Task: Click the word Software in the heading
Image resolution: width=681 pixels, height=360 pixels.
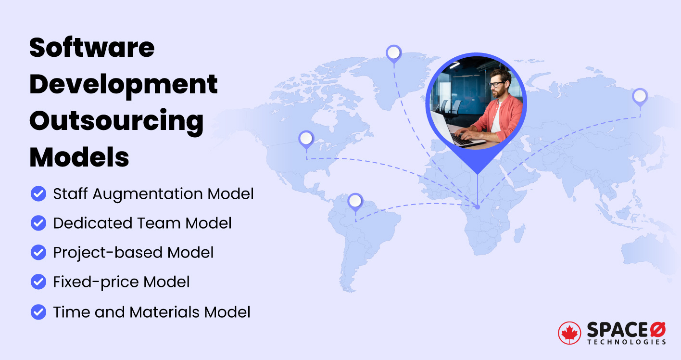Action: click(x=92, y=48)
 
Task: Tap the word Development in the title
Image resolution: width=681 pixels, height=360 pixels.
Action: click(x=124, y=85)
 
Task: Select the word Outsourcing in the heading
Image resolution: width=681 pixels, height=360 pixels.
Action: click(x=116, y=121)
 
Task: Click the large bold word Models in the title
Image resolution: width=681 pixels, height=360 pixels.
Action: click(x=79, y=156)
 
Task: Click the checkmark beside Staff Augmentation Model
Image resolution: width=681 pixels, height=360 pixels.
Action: click(x=38, y=194)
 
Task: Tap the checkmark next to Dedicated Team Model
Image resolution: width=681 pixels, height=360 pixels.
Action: click(x=38, y=223)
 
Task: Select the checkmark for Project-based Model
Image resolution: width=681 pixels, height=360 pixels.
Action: click(x=38, y=253)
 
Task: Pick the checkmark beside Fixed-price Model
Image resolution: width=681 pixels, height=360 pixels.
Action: click(x=38, y=282)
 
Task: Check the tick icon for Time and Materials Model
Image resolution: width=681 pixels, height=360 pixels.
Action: click(x=38, y=312)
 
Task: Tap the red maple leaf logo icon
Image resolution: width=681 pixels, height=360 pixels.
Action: click(x=569, y=333)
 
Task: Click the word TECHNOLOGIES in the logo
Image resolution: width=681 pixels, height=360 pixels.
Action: click(x=626, y=342)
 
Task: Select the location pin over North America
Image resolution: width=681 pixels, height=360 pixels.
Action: click(x=306, y=140)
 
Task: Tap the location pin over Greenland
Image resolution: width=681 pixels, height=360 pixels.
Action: click(x=393, y=53)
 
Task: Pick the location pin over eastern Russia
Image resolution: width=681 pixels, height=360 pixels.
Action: click(x=640, y=97)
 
